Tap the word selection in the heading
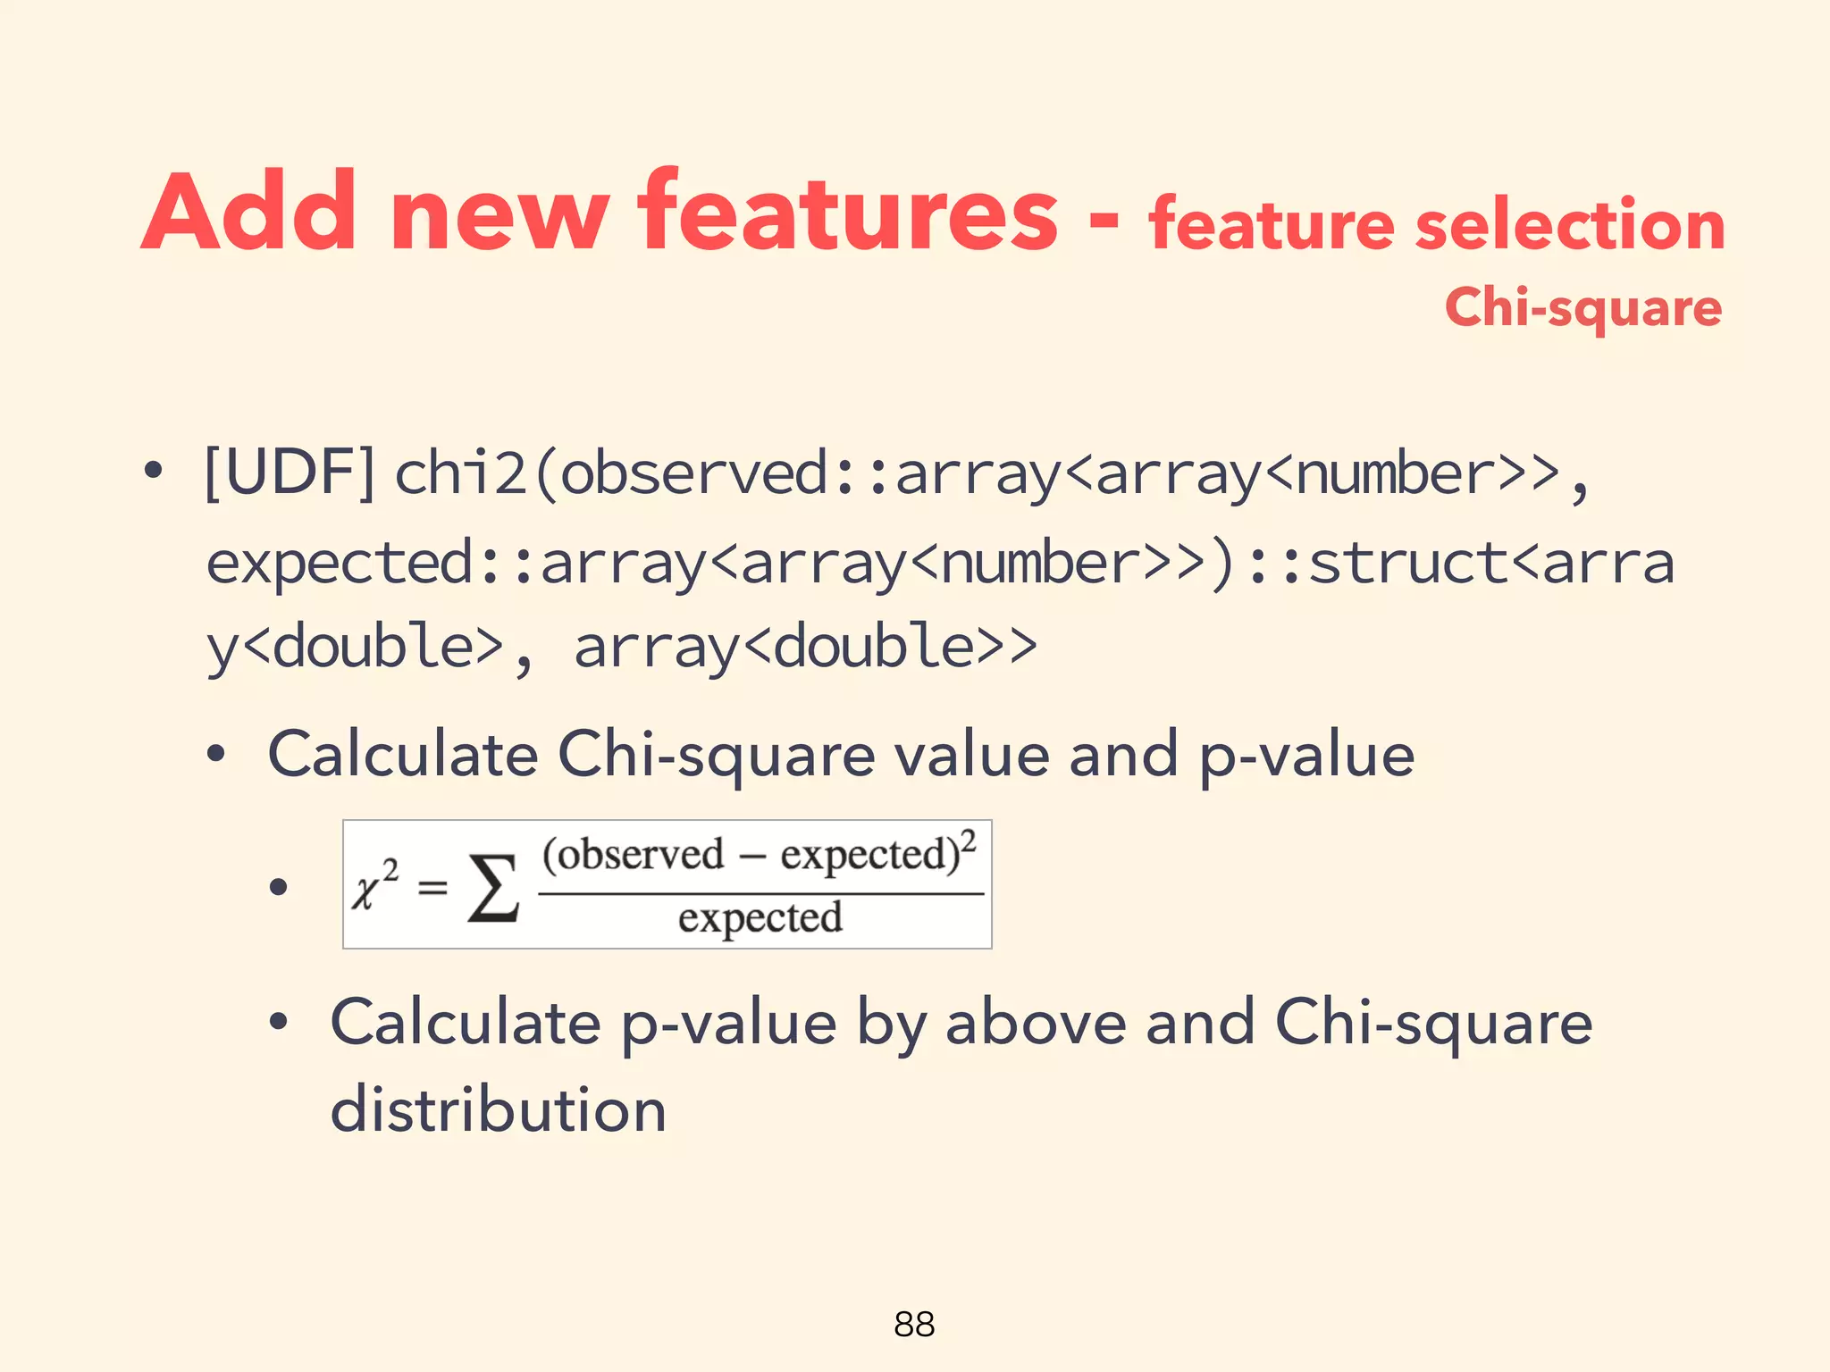(1570, 224)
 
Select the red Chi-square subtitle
(1582, 308)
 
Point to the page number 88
(914, 1324)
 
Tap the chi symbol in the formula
(365, 891)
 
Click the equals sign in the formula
(432, 887)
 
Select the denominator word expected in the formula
(760, 918)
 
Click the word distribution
(498, 1109)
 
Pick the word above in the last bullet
(1036, 1022)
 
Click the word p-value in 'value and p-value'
(1306, 756)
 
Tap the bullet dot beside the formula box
(279, 887)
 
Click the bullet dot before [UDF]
(154, 472)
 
